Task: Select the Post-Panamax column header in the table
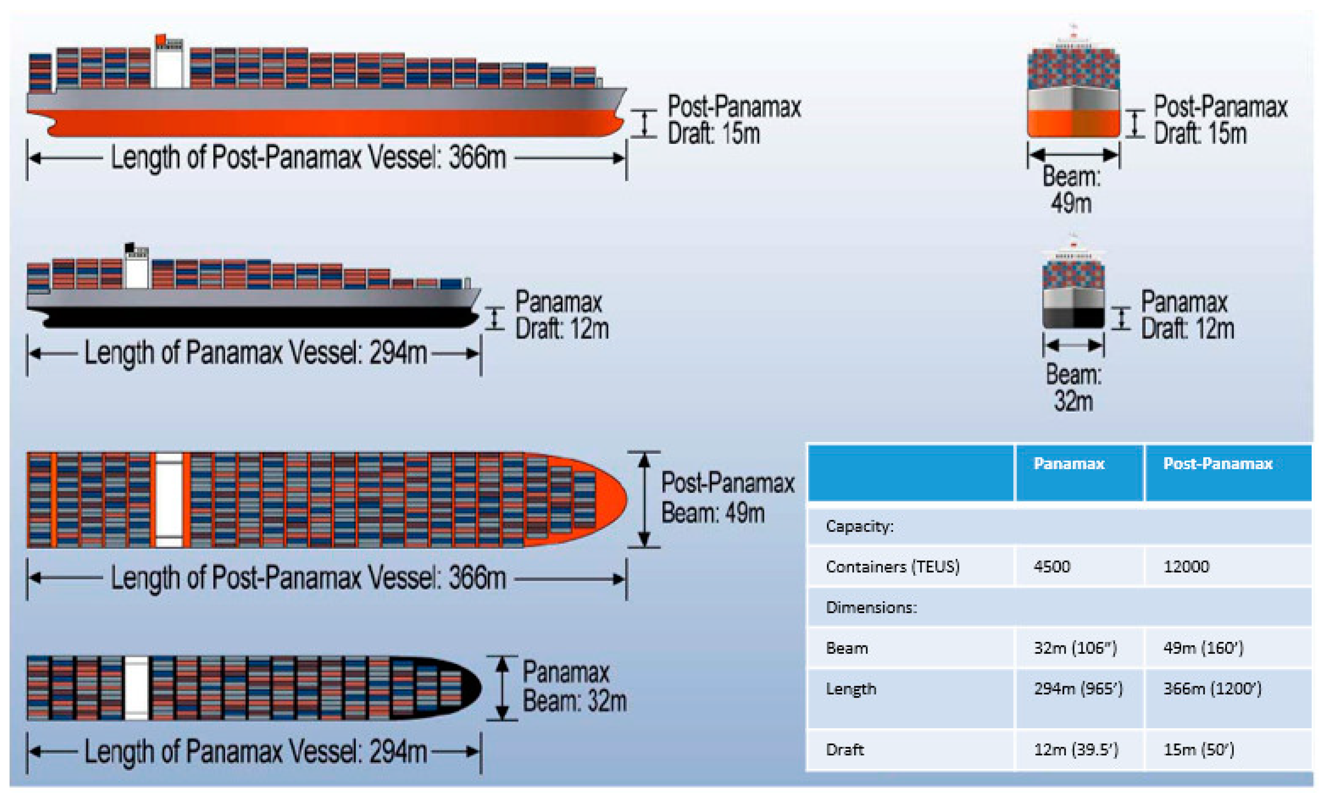(1217, 463)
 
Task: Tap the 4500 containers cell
(1052, 566)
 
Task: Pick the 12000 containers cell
(1186, 566)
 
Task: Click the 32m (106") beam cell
(1075, 648)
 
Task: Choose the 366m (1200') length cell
(1212, 688)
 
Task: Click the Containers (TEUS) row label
(892, 566)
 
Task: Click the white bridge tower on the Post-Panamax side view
(169, 66)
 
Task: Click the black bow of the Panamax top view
(470, 687)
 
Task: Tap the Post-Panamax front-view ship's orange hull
(1073, 123)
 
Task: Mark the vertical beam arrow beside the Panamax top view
(502, 687)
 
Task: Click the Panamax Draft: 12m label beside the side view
(561, 315)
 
